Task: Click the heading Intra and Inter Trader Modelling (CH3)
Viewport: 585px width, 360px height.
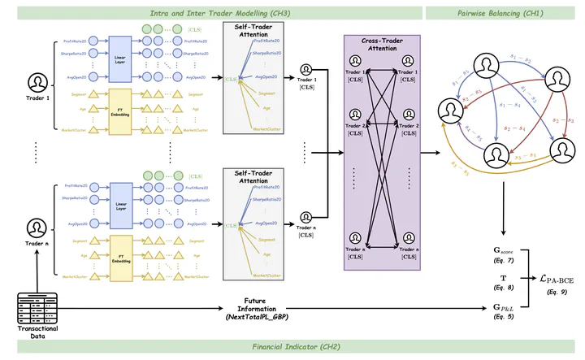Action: [212, 12]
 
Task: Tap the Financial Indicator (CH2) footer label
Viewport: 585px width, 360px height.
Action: [292, 347]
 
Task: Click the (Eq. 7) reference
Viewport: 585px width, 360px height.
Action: [504, 257]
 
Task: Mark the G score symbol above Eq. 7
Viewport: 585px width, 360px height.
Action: [505, 247]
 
